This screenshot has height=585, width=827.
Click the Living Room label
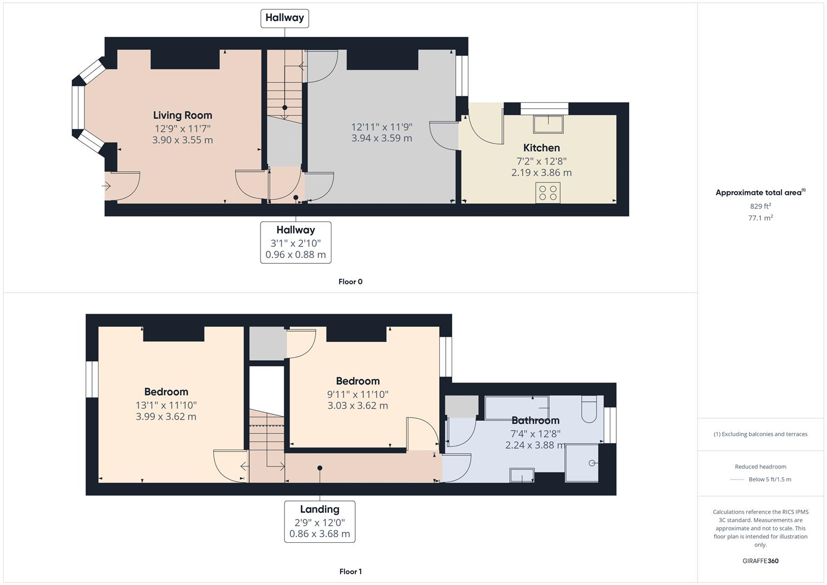click(x=183, y=115)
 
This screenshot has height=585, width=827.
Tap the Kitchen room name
click(x=541, y=148)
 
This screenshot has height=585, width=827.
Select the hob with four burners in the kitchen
click(x=548, y=193)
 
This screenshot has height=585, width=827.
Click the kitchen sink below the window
click(x=548, y=124)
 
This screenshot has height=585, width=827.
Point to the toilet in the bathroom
click(x=589, y=410)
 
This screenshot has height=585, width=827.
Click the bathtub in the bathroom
click(x=517, y=407)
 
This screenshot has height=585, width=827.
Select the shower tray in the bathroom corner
click(x=582, y=463)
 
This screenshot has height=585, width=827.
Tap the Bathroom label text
click(x=535, y=420)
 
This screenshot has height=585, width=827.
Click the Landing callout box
click(x=320, y=521)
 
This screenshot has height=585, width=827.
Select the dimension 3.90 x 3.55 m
click(x=183, y=140)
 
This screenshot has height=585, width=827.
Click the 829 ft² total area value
click(x=760, y=206)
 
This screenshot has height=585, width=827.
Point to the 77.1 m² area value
click(x=760, y=218)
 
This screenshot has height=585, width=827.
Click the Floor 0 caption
click(x=350, y=282)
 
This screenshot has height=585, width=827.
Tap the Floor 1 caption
click(x=350, y=571)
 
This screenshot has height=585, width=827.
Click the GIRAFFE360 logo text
click(x=760, y=561)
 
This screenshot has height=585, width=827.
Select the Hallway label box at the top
click(x=284, y=18)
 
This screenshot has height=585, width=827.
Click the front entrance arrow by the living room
click(x=106, y=186)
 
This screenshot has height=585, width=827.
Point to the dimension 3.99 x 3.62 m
click(x=166, y=417)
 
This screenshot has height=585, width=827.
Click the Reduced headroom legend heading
click(x=760, y=466)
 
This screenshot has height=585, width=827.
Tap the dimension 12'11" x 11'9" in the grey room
click(x=382, y=127)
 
